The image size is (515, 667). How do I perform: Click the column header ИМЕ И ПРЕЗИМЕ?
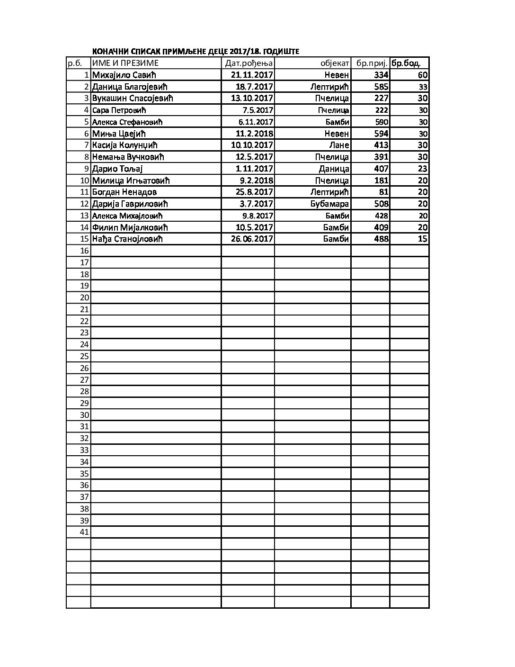[125, 63]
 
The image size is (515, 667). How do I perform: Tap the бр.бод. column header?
[406, 63]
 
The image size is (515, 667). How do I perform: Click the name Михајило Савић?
[124, 75]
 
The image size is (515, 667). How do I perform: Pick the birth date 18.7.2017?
[254, 87]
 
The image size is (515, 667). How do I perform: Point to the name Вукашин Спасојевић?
[133, 98]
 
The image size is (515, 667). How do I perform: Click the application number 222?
[381, 110]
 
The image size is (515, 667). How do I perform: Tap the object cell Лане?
[339, 145]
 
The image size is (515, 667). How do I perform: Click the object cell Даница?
[334, 169]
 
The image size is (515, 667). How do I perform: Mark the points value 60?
[423, 75]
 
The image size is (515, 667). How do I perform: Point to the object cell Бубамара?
[330, 204]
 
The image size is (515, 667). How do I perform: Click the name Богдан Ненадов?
[124, 192]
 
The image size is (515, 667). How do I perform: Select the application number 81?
[384, 192]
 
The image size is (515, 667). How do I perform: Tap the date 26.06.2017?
[252, 239]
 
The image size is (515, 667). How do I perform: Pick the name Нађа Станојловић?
[127, 239]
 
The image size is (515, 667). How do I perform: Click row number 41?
[84, 532]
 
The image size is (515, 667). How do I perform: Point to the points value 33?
[423, 87]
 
